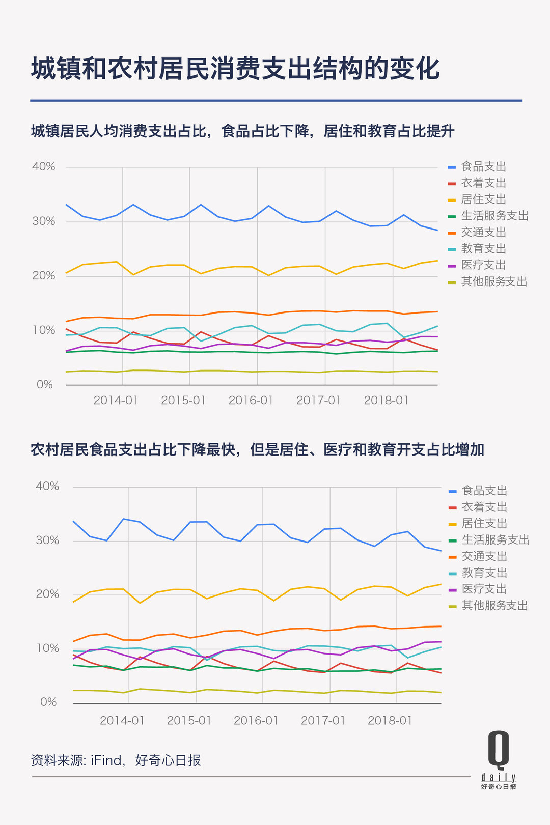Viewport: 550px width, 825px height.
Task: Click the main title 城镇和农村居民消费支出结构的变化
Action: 235,69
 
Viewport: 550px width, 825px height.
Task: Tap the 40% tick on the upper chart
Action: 44,167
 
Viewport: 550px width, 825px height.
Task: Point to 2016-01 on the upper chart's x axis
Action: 251,401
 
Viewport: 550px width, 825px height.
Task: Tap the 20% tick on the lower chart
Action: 47,594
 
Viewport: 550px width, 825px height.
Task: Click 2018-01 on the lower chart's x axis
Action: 390,721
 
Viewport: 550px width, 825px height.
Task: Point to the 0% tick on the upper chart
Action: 45,385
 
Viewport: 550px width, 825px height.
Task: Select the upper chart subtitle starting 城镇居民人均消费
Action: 242,131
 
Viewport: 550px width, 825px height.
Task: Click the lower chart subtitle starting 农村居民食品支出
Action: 257,450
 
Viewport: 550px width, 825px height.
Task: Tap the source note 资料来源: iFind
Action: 116,760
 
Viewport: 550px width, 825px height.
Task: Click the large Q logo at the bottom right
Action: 499,749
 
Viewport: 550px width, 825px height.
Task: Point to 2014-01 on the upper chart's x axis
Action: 116,401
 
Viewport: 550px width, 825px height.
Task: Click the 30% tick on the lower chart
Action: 47,540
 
